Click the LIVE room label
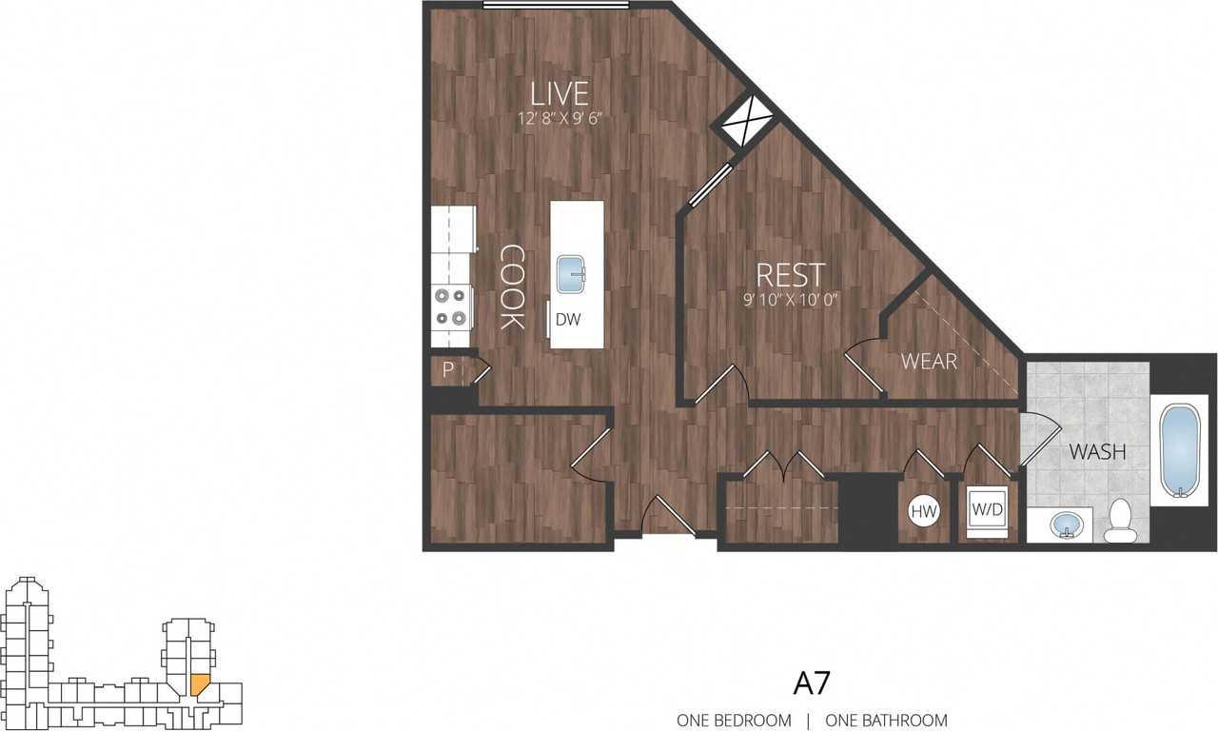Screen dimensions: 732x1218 pyautogui.click(x=560, y=93)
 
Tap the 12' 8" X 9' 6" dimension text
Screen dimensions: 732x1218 pyautogui.click(x=560, y=119)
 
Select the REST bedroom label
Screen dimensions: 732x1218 pyautogui.click(x=790, y=275)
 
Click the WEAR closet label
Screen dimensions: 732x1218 pyautogui.click(x=929, y=362)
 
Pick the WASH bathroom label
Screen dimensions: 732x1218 pyautogui.click(x=1097, y=451)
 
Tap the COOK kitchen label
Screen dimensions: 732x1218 pyautogui.click(x=513, y=287)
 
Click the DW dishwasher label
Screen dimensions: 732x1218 pyautogui.click(x=568, y=320)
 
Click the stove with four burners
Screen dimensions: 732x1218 pyautogui.click(x=452, y=307)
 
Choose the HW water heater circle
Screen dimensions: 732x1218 pyautogui.click(x=924, y=511)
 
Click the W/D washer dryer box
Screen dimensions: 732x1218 pyautogui.click(x=987, y=510)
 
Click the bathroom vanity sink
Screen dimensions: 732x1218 pyautogui.click(x=1062, y=524)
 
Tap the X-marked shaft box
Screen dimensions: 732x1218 pyautogui.click(x=747, y=121)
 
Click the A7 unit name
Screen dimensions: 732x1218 pyautogui.click(x=811, y=683)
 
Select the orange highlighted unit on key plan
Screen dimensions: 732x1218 pyautogui.click(x=200, y=683)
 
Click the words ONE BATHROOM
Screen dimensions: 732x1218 pyautogui.click(x=886, y=721)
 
